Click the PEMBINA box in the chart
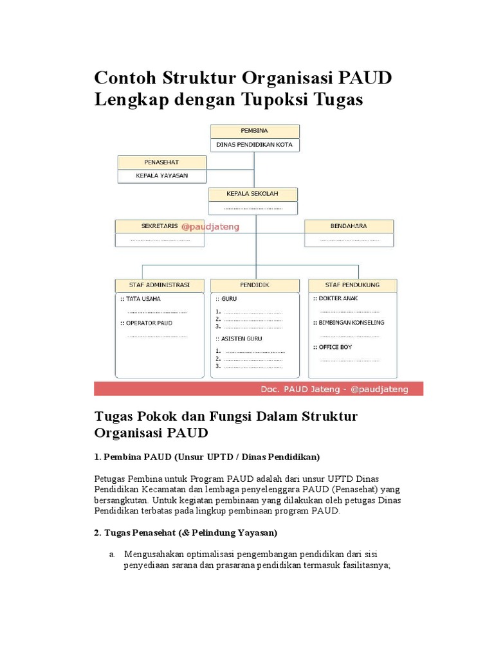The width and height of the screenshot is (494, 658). [x=255, y=131]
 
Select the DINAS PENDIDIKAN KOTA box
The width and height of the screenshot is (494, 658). [x=255, y=145]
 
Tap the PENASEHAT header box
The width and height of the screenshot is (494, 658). [x=162, y=163]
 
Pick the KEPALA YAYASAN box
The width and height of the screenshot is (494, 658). [x=162, y=176]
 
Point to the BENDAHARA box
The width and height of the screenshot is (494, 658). [x=349, y=226]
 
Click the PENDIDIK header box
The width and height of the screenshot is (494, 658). [x=254, y=285]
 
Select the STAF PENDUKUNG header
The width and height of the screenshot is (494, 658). [x=353, y=285]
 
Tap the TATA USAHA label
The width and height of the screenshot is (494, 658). [x=143, y=299]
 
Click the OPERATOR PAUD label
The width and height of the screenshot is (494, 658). [x=149, y=323]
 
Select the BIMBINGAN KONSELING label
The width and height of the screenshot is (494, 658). [x=351, y=323]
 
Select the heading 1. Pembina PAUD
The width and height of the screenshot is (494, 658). [x=206, y=456]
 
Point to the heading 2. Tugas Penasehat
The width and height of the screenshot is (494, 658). [x=185, y=533]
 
